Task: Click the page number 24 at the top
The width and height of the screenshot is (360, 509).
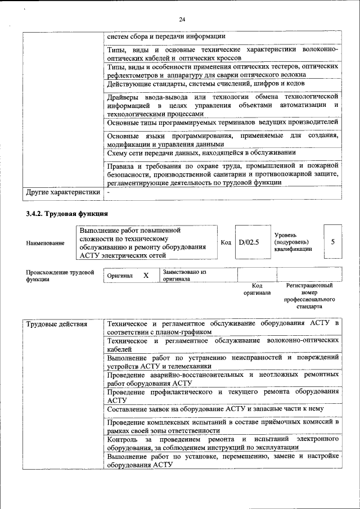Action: (182, 20)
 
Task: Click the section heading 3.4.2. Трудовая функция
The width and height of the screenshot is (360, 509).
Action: (67, 214)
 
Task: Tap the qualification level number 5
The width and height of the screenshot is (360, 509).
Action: (333, 242)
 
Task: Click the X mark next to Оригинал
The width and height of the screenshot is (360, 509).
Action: (146, 276)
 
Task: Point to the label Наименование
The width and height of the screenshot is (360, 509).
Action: (45, 243)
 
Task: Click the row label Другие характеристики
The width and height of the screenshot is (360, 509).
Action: (63, 193)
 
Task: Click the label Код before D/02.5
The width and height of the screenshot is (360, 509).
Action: (226, 242)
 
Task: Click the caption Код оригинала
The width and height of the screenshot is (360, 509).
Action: (257, 289)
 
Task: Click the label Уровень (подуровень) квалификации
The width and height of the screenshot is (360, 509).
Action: (291, 242)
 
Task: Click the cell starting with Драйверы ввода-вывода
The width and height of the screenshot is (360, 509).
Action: (223, 105)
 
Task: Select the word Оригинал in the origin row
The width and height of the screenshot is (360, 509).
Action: (119, 276)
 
